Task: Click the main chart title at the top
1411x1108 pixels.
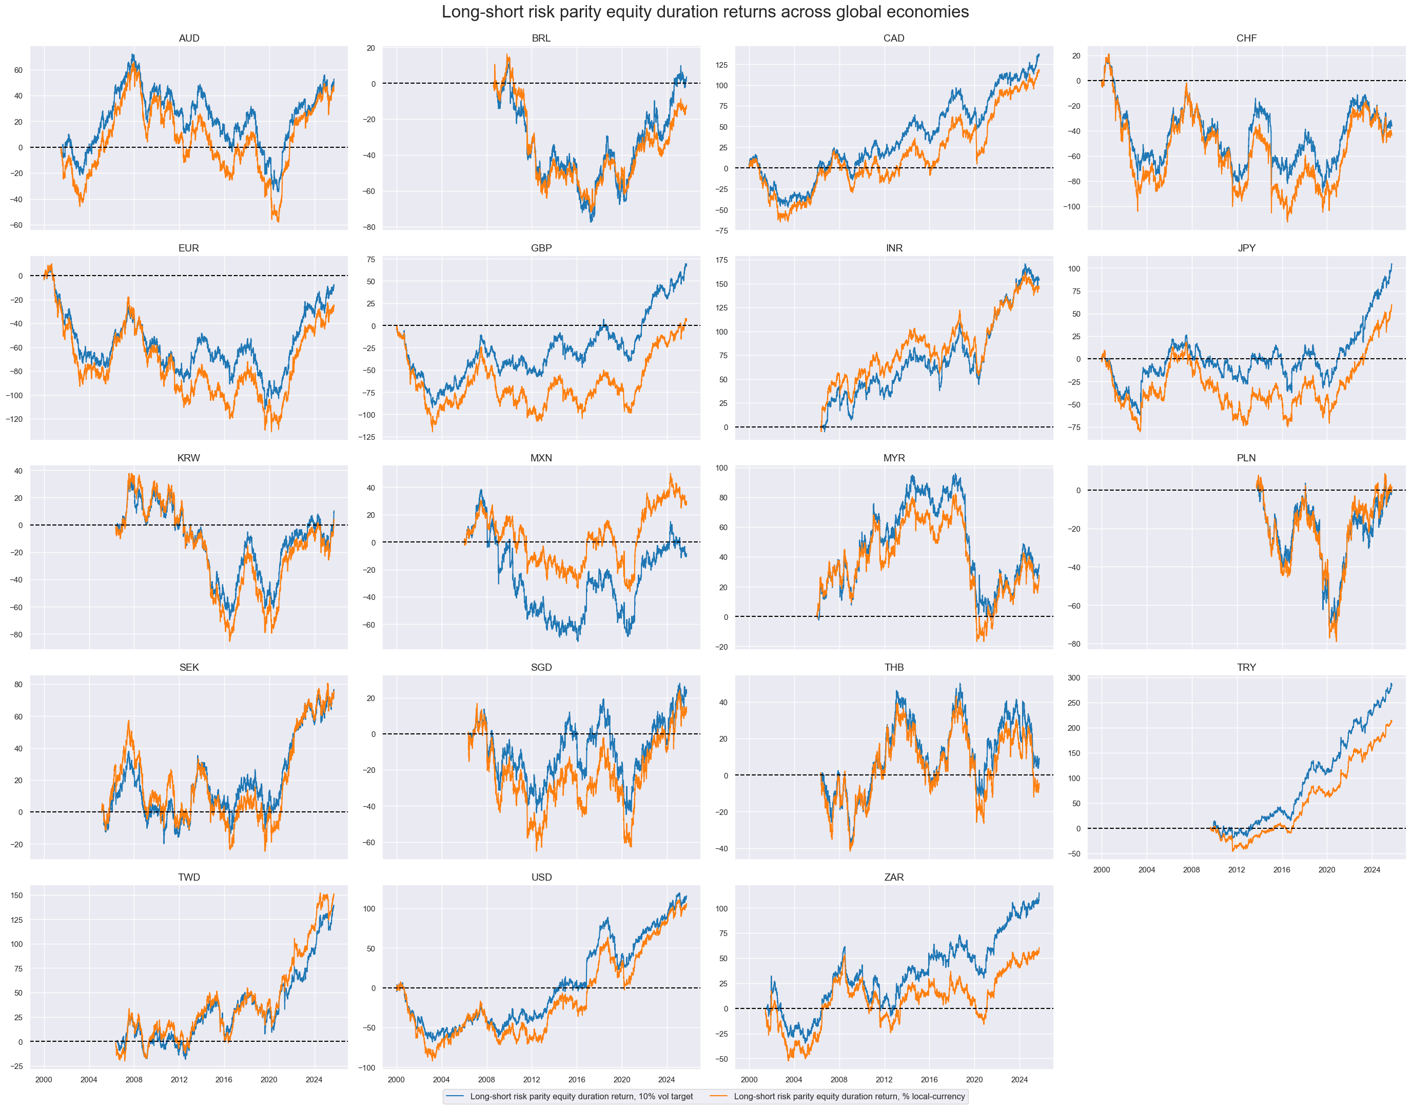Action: (705, 12)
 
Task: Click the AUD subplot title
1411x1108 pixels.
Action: (189, 38)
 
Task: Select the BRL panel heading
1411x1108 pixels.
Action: (541, 38)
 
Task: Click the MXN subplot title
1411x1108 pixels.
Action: (541, 458)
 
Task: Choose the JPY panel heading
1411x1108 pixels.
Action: (1246, 248)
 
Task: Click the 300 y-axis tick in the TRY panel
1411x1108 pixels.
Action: (1073, 678)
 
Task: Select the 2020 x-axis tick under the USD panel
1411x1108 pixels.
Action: (621, 1080)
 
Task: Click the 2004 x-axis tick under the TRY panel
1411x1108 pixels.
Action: (1146, 870)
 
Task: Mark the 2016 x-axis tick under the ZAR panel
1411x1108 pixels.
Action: (929, 1080)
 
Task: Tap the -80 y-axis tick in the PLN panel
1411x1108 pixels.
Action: (1074, 644)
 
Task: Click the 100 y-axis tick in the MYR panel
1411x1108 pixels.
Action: (721, 468)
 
